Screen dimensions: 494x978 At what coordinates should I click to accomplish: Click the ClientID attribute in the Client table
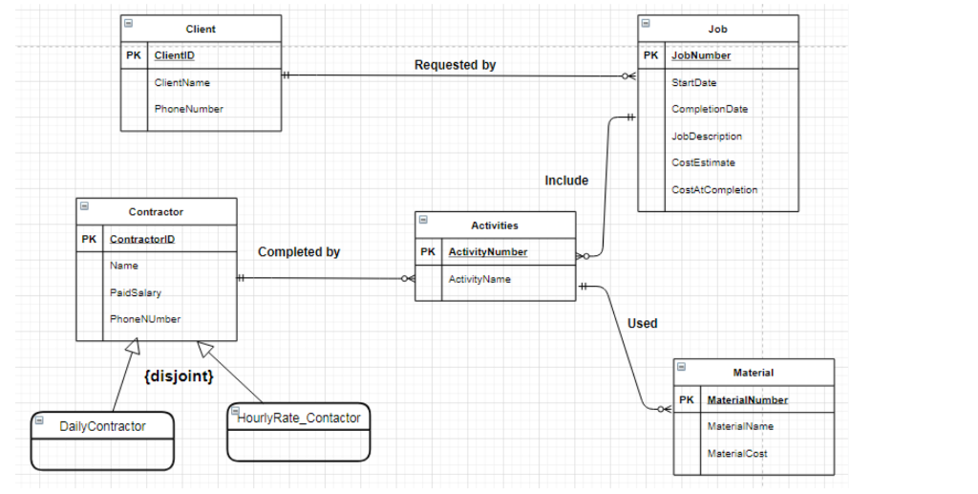(175, 55)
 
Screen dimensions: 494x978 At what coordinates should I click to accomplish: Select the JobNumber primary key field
(700, 55)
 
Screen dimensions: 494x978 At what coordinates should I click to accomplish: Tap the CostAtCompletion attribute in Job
(713, 190)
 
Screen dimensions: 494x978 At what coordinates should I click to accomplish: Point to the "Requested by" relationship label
(455, 65)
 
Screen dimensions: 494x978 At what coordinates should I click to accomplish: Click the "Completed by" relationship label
(299, 252)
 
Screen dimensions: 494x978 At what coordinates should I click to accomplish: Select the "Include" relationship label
(566, 181)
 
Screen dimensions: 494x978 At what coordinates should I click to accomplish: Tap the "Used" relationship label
(642, 324)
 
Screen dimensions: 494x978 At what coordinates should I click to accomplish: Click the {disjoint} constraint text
(178, 376)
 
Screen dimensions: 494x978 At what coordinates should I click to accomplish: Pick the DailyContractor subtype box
(102, 440)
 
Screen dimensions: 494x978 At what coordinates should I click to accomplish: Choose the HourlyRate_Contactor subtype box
(298, 431)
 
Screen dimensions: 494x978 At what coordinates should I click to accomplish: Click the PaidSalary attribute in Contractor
(136, 292)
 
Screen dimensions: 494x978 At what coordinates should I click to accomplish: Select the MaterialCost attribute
(736, 454)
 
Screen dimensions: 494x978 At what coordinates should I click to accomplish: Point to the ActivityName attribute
(479, 280)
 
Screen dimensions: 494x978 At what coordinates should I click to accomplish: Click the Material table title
(753, 373)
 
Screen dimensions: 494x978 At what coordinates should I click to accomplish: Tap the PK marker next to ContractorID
(89, 239)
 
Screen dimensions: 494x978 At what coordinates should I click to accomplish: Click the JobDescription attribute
(706, 137)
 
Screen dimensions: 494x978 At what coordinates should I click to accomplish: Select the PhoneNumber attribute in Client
(188, 109)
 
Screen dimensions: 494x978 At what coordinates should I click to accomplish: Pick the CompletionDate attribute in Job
(709, 110)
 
